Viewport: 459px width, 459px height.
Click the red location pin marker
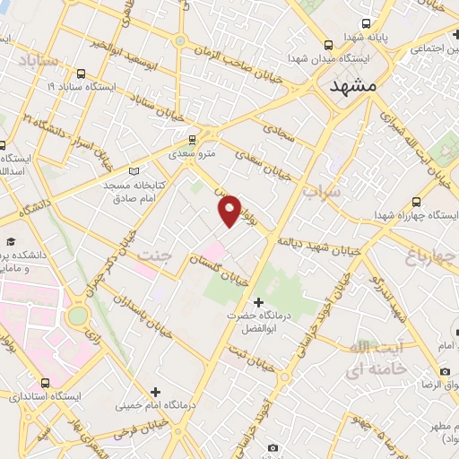click(x=230, y=211)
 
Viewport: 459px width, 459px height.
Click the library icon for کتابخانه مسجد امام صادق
click(x=134, y=170)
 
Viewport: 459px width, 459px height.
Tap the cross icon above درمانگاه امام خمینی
click(x=156, y=391)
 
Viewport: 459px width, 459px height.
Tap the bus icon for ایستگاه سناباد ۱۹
click(x=82, y=74)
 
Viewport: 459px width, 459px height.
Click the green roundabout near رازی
click(x=79, y=316)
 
